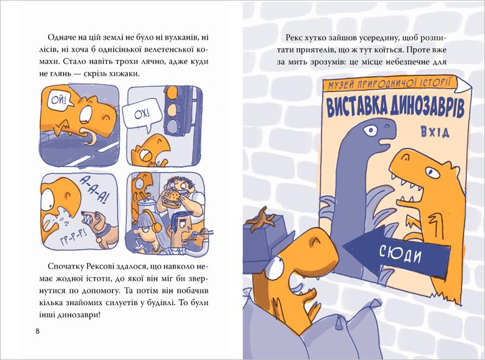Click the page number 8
click(37, 331)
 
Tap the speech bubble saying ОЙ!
click(58, 101)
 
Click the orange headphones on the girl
click(154, 221)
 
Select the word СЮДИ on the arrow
click(400, 254)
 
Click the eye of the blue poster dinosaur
click(370, 131)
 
